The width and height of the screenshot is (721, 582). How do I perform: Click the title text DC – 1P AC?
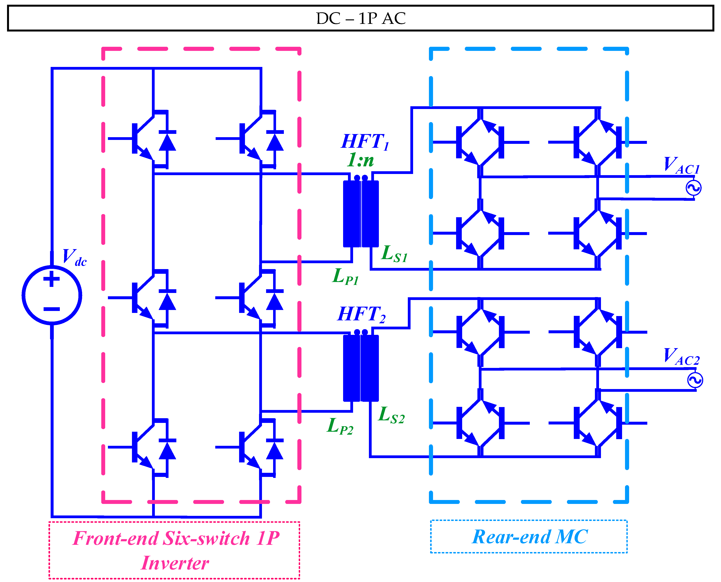tap(361, 18)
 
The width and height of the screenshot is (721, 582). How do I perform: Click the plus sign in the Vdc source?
tap(52, 279)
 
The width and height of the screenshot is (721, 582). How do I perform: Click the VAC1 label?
tap(682, 165)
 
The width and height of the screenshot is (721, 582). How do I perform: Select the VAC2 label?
tap(682, 356)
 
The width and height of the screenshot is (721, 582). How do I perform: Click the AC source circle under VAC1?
tap(693, 188)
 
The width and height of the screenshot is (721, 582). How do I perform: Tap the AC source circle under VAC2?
tap(695, 380)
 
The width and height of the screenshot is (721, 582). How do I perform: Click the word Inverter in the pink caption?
tap(175, 563)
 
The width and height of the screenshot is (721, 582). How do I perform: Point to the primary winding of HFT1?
tap(352, 214)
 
